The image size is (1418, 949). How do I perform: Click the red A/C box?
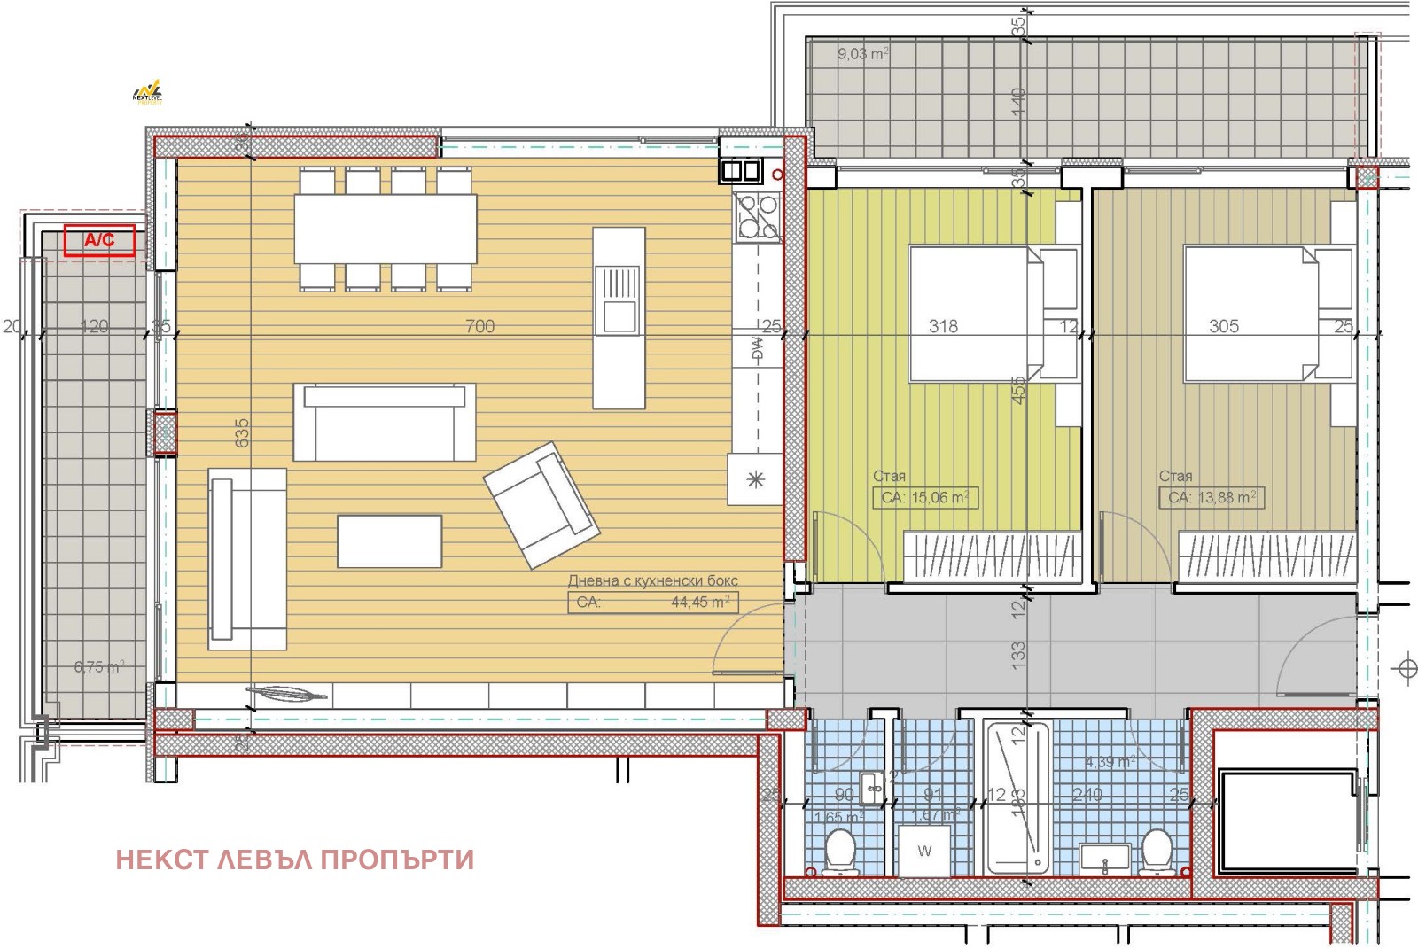(99, 240)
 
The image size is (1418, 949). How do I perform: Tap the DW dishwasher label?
(757, 349)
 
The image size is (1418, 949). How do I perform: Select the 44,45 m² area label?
(700, 603)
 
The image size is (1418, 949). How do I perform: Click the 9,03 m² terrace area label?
(862, 54)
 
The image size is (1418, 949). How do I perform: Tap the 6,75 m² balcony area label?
(98, 667)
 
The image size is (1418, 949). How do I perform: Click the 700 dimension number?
(479, 327)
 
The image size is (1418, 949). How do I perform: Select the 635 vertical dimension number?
(242, 432)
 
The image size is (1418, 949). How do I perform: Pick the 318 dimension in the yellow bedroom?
(943, 327)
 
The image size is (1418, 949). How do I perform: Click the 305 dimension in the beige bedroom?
(1223, 327)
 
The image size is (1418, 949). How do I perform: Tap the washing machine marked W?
(924, 852)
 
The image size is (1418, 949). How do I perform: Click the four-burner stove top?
(757, 217)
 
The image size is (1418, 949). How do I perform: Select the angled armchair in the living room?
(541, 505)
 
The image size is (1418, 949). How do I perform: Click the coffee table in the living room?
(389, 541)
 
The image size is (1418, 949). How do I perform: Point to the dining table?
(386, 228)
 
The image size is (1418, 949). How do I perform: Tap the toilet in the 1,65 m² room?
(838, 852)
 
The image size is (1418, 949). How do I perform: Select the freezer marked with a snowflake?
(755, 479)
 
